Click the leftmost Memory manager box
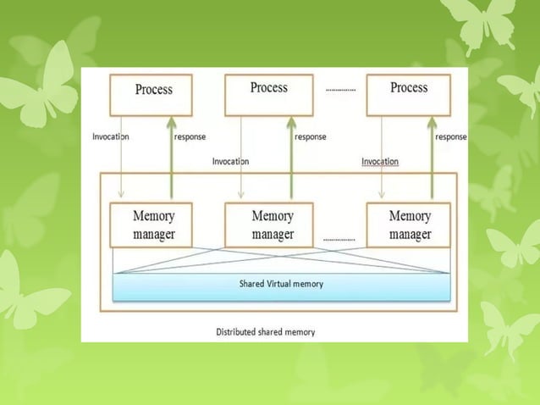click(x=152, y=225)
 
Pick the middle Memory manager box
click(x=272, y=225)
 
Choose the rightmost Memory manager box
click(x=410, y=225)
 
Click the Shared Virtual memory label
click(x=281, y=285)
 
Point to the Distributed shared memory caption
click(x=266, y=332)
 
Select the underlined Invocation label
click(x=380, y=161)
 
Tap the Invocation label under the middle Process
click(x=230, y=161)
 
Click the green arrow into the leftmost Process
click(x=171, y=153)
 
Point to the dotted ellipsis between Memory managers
click(x=339, y=240)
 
